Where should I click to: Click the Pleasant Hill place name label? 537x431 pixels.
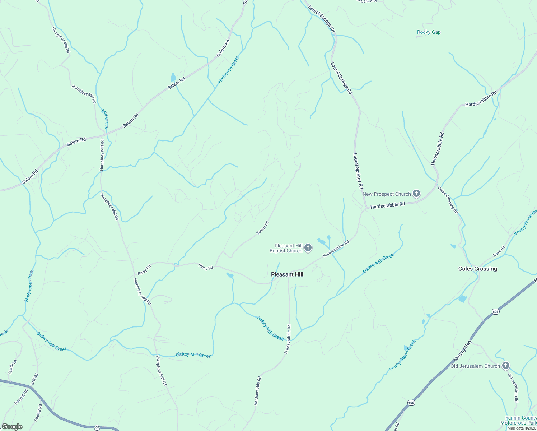(x=287, y=274)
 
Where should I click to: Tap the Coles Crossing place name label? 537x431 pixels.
(x=477, y=269)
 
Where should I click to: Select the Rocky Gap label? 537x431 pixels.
(x=429, y=32)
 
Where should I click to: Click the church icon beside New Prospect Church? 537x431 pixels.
(x=416, y=194)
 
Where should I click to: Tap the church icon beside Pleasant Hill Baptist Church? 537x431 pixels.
(x=308, y=248)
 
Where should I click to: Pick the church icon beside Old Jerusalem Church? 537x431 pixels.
(x=505, y=366)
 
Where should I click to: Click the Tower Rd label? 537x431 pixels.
(x=262, y=228)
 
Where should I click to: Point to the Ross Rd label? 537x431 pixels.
(x=499, y=251)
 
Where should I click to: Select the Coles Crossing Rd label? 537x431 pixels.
(x=448, y=200)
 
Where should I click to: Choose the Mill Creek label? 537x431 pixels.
(x=105, y=119)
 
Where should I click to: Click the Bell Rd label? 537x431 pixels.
(x=34, y=379)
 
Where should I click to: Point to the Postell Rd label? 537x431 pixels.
(x=38, y=413)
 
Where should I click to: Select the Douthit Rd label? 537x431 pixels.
(x=21, y=397)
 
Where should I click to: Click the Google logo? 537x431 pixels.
(x=12, y=427)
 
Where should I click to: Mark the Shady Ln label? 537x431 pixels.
(x=11, y=367)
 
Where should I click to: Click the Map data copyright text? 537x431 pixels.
(x=522, y=428)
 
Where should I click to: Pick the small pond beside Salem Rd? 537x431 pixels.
(x=173, y=77)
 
